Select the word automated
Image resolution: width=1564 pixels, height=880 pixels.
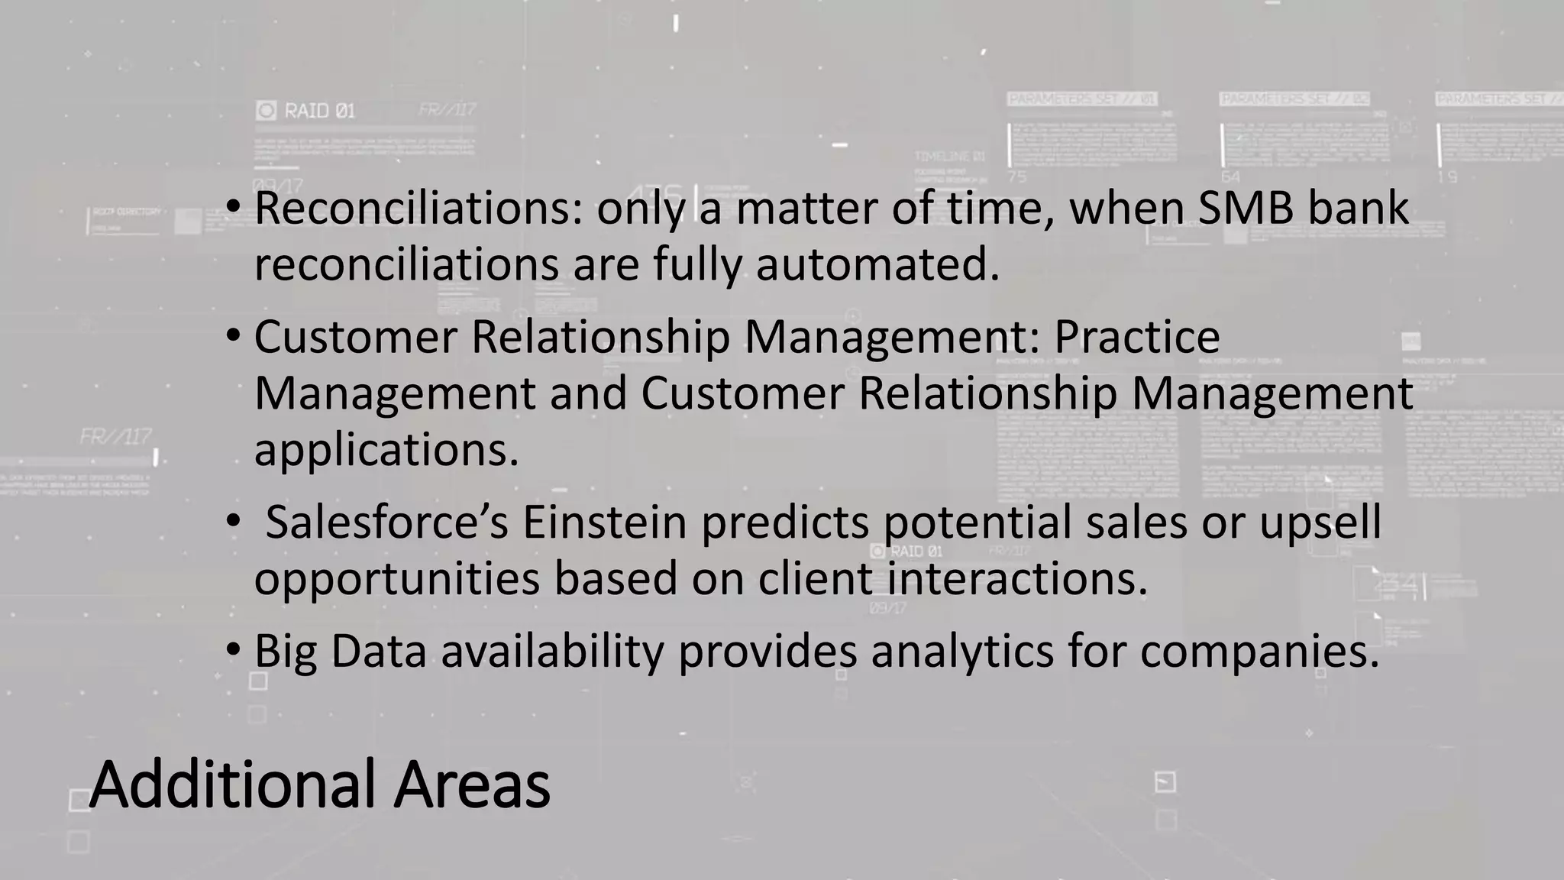[x=877, y=265]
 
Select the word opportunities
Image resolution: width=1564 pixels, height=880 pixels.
[x=396, y=579]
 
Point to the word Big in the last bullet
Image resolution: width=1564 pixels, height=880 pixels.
[x=285, y=652]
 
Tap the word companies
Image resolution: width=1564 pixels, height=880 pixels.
[x=1260, y=652]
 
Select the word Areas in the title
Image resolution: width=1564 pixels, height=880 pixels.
[x=471, y=785]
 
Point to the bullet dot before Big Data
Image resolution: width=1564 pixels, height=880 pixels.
[x=234, y=650]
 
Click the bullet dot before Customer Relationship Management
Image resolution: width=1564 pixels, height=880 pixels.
[x=234, y=335]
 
